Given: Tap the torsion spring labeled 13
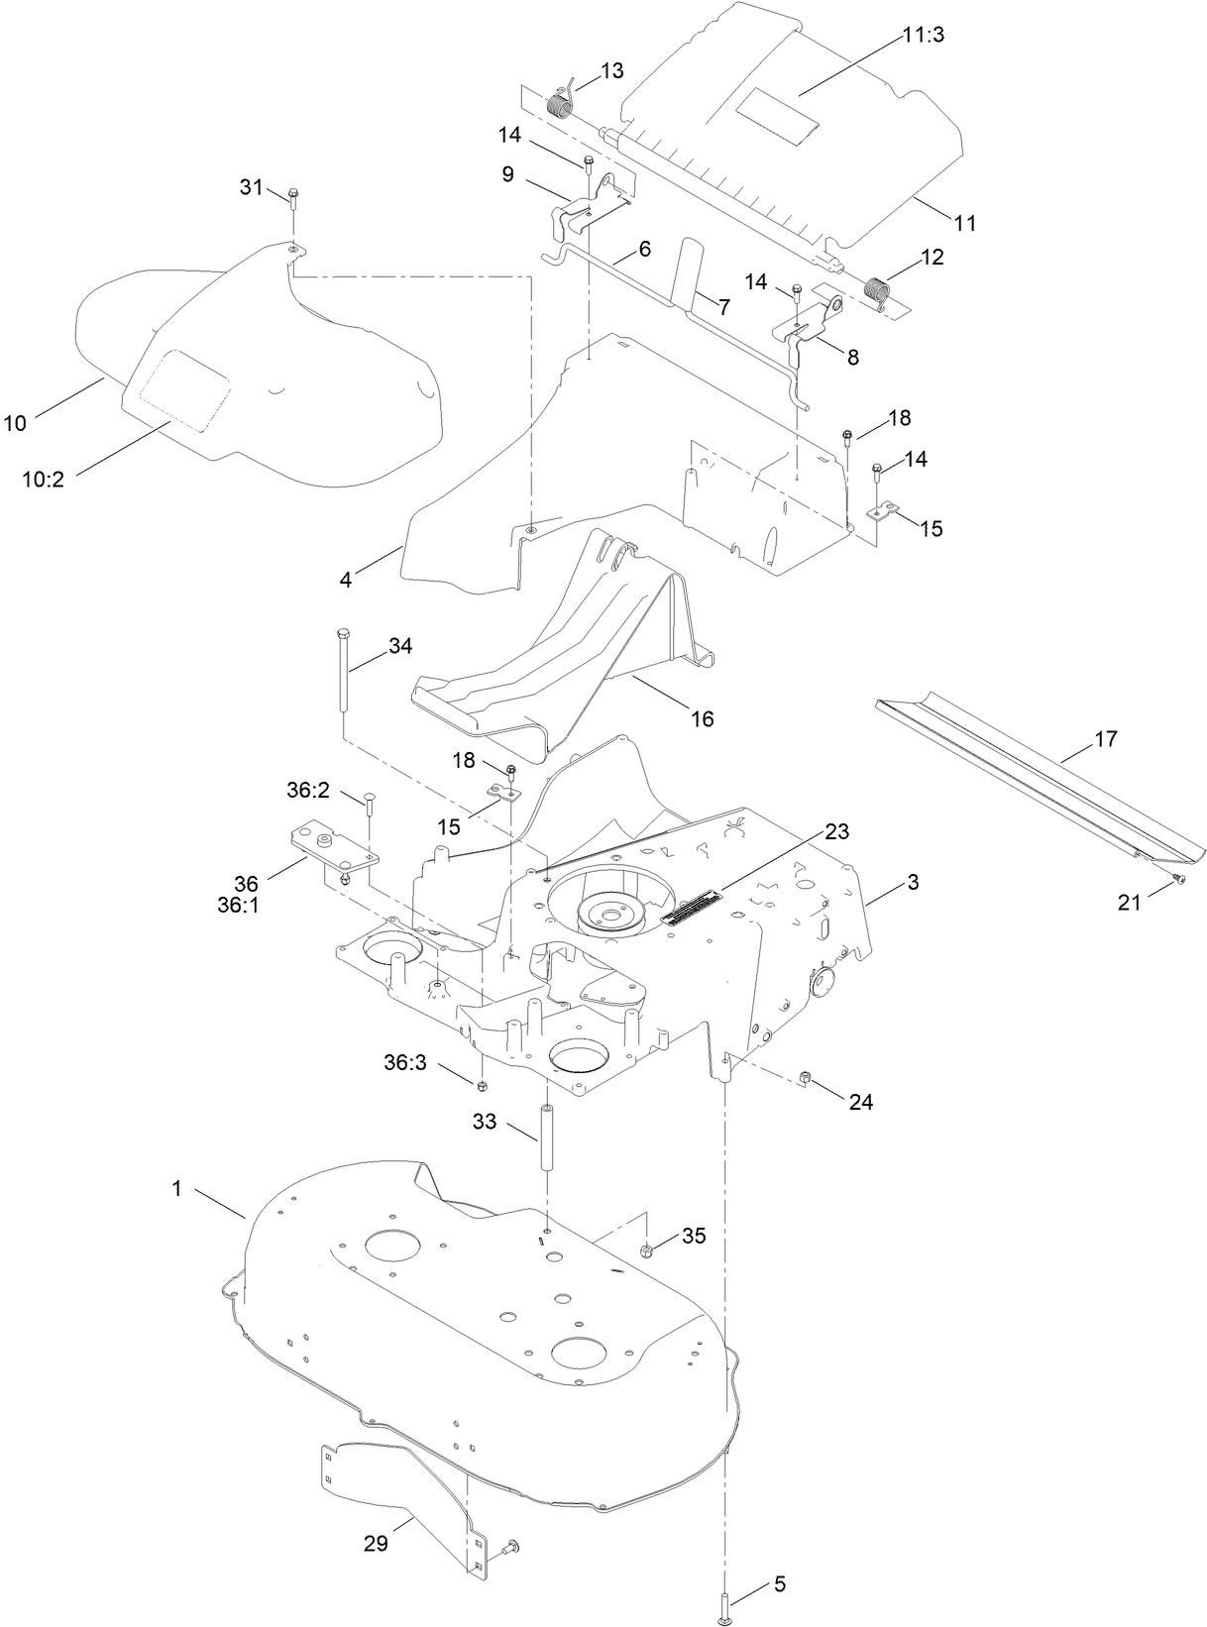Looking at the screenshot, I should pyautogui.click(x=563, y=100).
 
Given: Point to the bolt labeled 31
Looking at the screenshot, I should pyautogui.click(x=291, y=194).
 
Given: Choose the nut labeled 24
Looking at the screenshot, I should pyautogui.click(x=805, y=1078).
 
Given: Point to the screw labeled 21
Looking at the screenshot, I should pyautogui.click(x=1175, y=878).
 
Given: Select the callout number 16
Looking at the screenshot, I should pyautogui.click(x=702, y=718).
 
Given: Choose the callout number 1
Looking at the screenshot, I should pyautogui.click(x=177, y=1188).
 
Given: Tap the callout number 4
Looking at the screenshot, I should pyautogui.click(x=346, y=580).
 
